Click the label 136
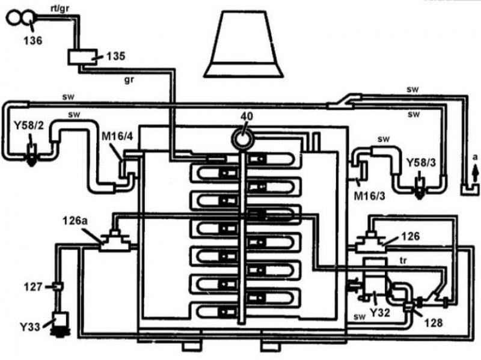(33, 40)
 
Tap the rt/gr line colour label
(60, 8)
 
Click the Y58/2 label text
(29, 126)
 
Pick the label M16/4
(117, 136)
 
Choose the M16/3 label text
(369, 196)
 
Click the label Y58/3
(421, 162)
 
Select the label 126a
(75, 221)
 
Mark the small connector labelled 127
(58, 287)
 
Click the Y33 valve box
(61, 320)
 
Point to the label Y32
(380, 313)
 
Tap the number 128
(434, 322)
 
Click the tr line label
(403, 261)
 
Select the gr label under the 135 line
(129, 81)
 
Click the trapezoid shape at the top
(244, 44)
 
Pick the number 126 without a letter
(411, 236)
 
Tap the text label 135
(115, 56)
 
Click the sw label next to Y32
(359, 317)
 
